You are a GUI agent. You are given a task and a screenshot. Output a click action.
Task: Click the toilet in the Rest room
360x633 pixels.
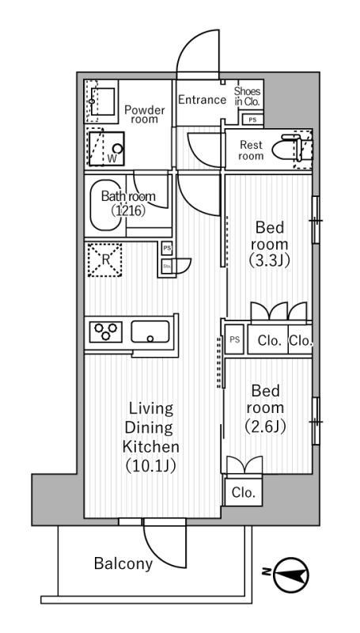(x=287, y=149)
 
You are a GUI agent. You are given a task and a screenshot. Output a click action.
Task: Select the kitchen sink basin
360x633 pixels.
(x=150, y=332)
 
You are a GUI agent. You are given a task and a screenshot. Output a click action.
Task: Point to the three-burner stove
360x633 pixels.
(x=106, y=332)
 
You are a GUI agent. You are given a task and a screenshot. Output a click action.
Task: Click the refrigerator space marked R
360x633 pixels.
(x=105, y=260)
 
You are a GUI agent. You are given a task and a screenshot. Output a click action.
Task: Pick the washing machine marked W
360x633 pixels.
(x=107, y=149)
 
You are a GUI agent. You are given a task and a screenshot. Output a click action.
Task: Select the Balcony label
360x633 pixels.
(x=123, y=563)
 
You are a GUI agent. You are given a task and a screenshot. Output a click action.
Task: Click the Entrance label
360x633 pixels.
(x=203, y=100)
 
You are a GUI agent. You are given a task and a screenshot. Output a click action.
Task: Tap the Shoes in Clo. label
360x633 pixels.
(x=248, y=97)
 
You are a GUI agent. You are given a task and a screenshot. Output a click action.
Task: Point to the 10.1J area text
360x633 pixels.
(x=151, y=467)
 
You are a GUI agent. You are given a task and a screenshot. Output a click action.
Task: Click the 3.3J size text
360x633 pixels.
(x=270, y=261)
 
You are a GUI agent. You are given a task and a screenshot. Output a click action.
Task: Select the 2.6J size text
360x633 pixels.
(x=266, y=426)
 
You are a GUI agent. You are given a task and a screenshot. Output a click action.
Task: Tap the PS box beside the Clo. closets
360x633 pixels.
(x=234, y=339)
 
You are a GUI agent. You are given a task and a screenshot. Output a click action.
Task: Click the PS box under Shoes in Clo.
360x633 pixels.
(x=252, y=119)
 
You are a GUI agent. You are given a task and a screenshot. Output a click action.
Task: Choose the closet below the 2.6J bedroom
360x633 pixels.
(x=244, y=492)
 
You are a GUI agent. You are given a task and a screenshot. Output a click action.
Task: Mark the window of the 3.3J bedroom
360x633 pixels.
(x=316, y=220)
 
